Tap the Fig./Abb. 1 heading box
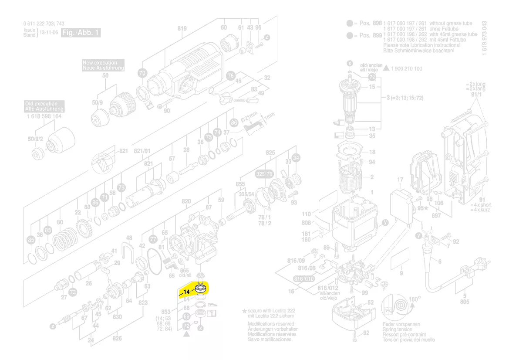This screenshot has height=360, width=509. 81,33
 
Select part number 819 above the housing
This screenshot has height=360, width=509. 182,29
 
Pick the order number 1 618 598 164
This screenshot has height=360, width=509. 44,116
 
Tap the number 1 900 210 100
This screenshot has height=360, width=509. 407,69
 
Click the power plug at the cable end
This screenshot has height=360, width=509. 467,274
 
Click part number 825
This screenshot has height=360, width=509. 270,153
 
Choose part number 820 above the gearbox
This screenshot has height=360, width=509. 186,201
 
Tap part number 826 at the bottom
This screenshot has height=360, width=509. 117,338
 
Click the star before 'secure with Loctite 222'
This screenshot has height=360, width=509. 244,311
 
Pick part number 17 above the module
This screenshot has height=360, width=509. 400,180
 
